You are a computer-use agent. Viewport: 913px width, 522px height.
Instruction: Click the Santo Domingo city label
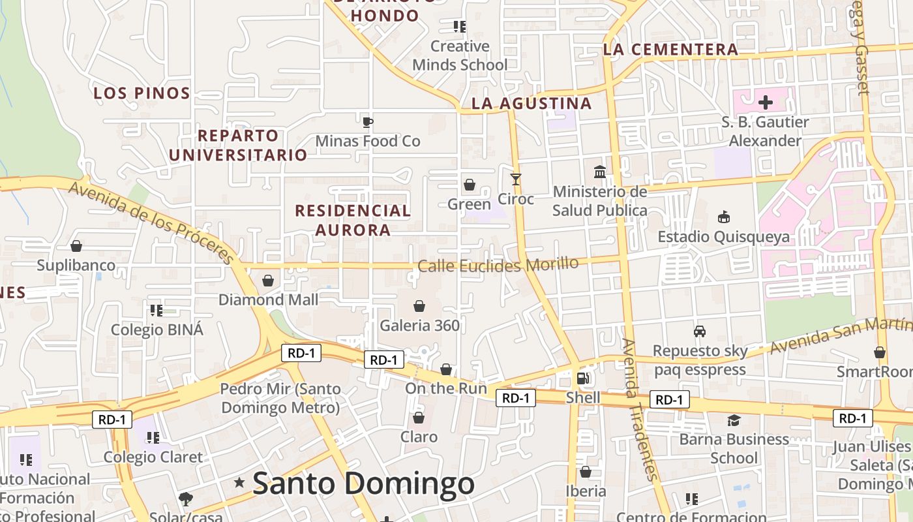tap(363, 484)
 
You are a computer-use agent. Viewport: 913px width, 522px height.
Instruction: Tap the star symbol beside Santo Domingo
tap(239, 483)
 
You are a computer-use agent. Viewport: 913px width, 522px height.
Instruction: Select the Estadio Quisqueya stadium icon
tap(723, 217)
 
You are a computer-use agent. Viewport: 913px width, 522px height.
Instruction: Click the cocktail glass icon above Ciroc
tap(516, 179)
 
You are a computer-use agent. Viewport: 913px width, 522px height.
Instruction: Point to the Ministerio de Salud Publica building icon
tap(600, 172)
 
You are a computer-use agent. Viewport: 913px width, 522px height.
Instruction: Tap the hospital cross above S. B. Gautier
tap(766, 102)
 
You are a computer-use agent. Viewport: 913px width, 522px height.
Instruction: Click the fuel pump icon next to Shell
tap(583, 378)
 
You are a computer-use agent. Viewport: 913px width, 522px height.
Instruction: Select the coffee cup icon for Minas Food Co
tap(368, 121)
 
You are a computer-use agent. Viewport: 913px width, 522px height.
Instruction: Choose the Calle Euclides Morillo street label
tap(498, 265)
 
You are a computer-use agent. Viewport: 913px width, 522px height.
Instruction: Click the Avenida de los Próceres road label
tap(151, 222)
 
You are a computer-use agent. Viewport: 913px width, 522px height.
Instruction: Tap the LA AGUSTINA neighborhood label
tap(531, 103)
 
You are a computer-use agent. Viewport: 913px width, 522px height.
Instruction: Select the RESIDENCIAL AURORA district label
tap(353, 220)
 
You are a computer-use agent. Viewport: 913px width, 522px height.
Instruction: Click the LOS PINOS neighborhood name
tap(142, 93)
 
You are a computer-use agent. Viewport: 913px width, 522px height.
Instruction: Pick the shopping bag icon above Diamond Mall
tap(267, 281)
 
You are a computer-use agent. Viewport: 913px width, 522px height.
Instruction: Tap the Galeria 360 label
tap(420, 325)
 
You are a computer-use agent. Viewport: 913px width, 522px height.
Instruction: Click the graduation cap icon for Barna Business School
tap(734, 420)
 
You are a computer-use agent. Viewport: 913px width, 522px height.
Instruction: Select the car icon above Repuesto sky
tap(700, 331)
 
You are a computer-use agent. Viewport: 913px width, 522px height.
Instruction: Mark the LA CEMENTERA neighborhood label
tap(670, 50)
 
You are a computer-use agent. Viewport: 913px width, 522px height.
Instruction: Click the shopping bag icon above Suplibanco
tap(76, 246)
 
